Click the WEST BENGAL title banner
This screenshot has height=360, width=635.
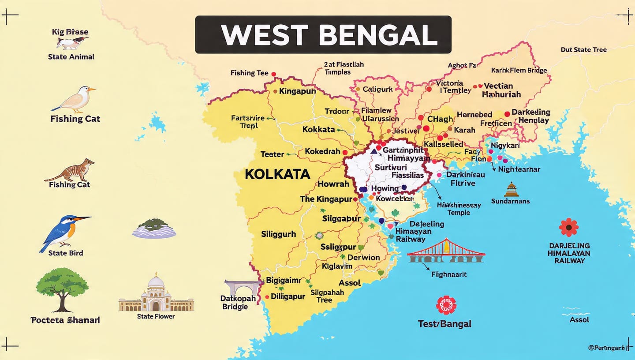323,35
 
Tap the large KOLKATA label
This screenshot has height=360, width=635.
277,174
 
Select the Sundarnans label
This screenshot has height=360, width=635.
510,201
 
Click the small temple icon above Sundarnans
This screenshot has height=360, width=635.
511,189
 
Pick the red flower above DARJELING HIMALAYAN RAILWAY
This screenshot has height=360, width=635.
568,227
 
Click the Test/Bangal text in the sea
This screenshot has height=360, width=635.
444,324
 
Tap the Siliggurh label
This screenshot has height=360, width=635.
278,234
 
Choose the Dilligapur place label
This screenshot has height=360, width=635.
288,296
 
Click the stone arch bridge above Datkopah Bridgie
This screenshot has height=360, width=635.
242,287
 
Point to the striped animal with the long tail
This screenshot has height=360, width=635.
71,171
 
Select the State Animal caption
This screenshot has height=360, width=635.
71,57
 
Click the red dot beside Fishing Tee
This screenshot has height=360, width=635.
273,74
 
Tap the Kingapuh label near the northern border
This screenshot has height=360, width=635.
297,91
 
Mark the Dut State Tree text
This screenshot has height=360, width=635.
583,49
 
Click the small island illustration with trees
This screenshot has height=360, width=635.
154,228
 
